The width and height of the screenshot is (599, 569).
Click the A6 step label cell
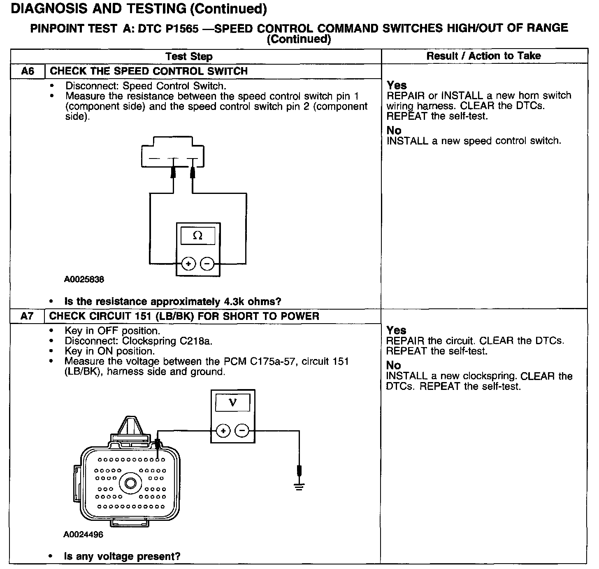(x=27, y=71)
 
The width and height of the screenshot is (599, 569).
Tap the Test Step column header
(x=189, y=56)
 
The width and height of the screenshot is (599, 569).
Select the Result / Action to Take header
(x=483, y=56)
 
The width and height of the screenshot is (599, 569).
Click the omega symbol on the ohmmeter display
(x=198, y=236)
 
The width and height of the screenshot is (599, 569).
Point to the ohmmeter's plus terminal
(x=188, y=264)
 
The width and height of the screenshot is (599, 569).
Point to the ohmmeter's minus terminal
(x=207, y=264)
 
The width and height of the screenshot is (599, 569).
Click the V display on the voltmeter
(x=233, y=402)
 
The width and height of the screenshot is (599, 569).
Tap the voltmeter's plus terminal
(x=223, y=431)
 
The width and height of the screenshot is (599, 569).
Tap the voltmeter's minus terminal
(x=242, y=431)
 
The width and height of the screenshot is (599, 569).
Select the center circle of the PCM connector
(x=131, y=483)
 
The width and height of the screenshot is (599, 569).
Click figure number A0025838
(x=84, y=280)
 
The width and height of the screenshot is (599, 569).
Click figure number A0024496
(x=83, y=535)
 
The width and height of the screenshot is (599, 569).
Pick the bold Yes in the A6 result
(x=397, y=85)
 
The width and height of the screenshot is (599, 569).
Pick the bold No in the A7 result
(x=393, y=365)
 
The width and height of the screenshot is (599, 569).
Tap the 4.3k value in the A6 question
(x=234, y=301)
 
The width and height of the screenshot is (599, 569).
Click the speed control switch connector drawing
(x=172, y=152)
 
